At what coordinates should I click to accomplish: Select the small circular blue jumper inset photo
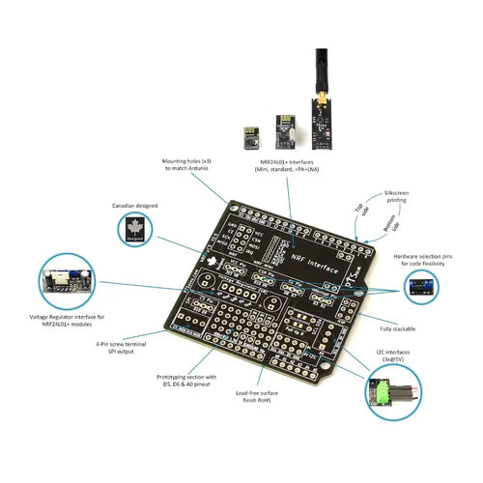[420, 287]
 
